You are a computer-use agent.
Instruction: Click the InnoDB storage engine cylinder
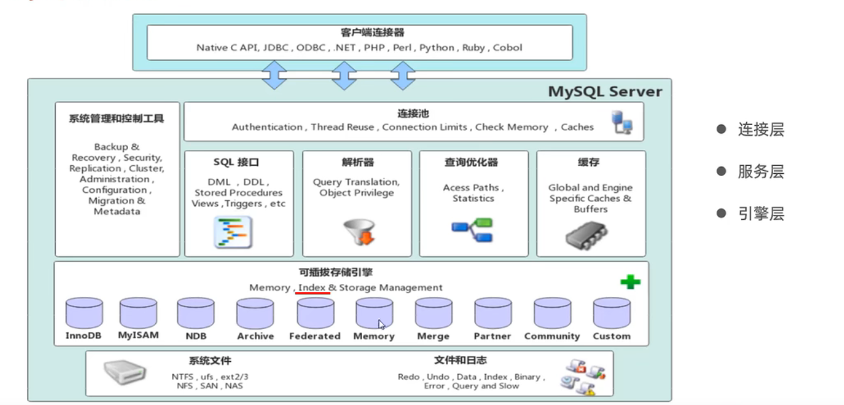pyautogui.click(x=83, y=312)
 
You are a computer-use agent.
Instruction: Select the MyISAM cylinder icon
pyautogui.click(x=138, y=312)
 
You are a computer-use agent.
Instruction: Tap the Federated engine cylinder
pyautogui.click(x=315, y=313)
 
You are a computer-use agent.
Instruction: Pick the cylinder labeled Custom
pyautogui.click(x=611, y=313)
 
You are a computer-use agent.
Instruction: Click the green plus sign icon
pyautogui.click(x=630, y=282)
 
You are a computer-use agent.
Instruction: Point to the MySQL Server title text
pyautogui.click(x=605, y=92)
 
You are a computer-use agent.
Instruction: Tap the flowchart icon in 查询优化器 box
pyautogui.click(x=473, y=230)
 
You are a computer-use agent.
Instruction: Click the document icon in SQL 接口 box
pyautogui.click(x=233, y=232)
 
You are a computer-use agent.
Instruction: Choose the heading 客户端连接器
pyautogui.click(x=359, y=33)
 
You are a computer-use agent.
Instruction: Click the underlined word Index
pyautogui.click(x=312, y=288)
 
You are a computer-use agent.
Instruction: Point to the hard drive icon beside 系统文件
pyautogui.click(x=124, y=373)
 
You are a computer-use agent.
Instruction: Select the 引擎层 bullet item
pyautogui.click(x=761, y=214)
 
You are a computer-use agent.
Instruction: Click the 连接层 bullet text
pyautogui.click(x=761, y=130)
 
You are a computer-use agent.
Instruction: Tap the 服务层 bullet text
pyautogui.click(x=761, y=172)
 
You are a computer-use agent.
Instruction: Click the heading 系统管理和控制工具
pyautogui.click(x=116, y=118)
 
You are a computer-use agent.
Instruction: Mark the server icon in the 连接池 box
pyautogui.click(x=622, y=122)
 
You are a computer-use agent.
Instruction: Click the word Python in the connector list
pyautogui.click(x=437, y=48)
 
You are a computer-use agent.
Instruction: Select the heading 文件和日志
pyautogui.click(x=460, y=360)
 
